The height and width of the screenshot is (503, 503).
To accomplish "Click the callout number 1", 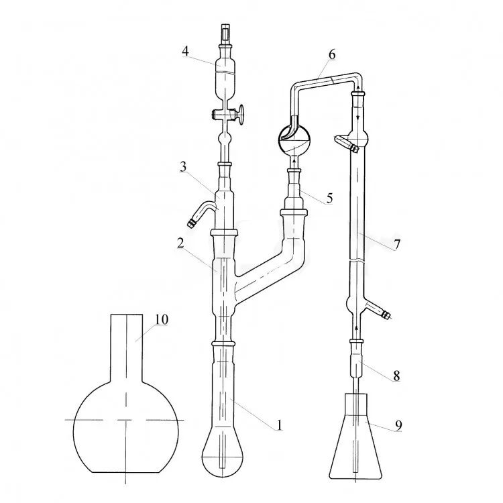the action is click(279, 425).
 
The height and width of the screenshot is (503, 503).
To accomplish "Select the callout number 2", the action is click(180, 243).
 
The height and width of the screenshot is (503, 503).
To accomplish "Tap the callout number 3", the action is click(183, 167).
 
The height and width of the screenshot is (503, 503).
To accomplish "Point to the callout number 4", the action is click(185, 52).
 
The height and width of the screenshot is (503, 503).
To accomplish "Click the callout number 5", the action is click(329, 199).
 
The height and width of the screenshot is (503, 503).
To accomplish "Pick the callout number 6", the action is click(332, 54).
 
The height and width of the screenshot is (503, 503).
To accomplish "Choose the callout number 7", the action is click(397, 244).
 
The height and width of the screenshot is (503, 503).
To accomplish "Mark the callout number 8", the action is click(397, 376).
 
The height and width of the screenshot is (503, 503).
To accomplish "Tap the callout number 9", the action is click(398, 425).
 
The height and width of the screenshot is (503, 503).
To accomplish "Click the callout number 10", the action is click(162, 319).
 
